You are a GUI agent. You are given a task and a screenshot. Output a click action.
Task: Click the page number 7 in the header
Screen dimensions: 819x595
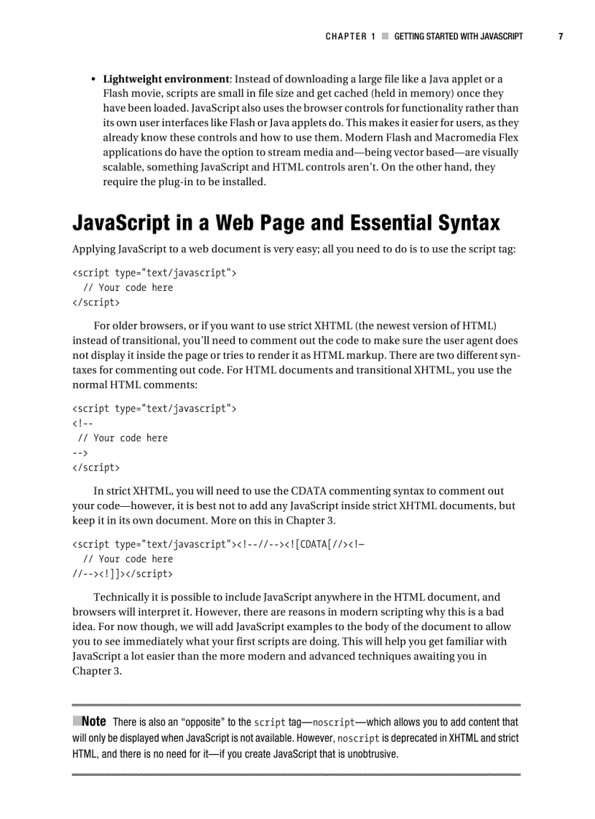pos(561,36)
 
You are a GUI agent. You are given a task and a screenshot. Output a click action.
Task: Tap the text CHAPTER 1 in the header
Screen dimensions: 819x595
pos(350,36)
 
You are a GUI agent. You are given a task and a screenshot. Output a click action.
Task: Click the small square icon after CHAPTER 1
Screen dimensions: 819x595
pos(385,36)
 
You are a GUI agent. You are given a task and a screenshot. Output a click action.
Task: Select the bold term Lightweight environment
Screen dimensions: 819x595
pos(166,79)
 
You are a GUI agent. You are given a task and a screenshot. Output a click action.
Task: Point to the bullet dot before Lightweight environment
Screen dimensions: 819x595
pos(93,79)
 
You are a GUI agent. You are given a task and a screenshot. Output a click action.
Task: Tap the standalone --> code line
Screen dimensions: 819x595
pos(80,453)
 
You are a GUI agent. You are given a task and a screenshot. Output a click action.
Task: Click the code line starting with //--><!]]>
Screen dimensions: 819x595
pos(122,574)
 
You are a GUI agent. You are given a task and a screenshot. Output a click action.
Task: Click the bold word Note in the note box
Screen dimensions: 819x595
pos(94,721)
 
